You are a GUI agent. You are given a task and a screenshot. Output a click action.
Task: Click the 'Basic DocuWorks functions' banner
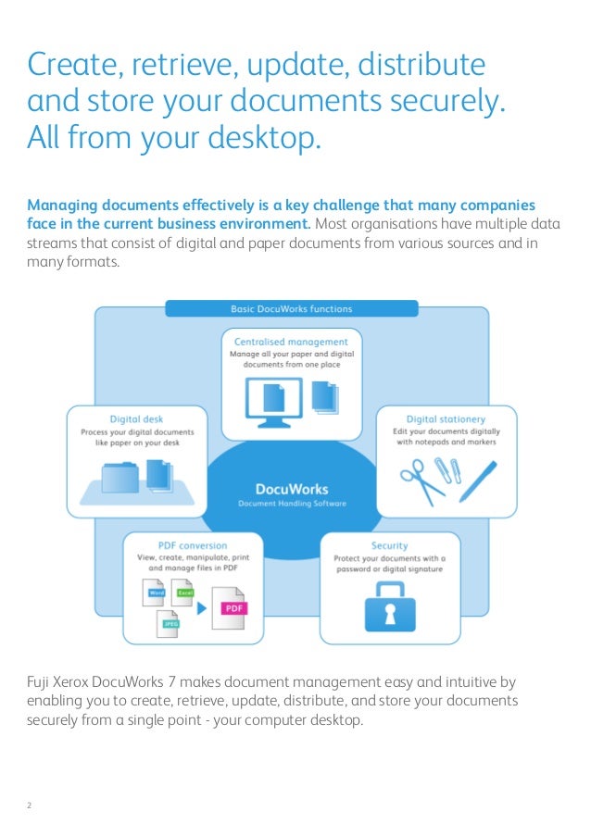click(x=291, y=308)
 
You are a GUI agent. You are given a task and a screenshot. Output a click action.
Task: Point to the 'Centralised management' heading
click(x=291, y=342)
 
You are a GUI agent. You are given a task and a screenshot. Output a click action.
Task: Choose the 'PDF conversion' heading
click(x=194, y=545)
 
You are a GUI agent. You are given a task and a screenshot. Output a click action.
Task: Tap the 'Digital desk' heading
click(x=137, y=418)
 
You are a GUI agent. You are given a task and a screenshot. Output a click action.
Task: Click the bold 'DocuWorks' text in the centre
click(x=291, y=489)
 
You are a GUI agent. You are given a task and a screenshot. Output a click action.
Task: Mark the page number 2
click(x=30, y=804)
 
